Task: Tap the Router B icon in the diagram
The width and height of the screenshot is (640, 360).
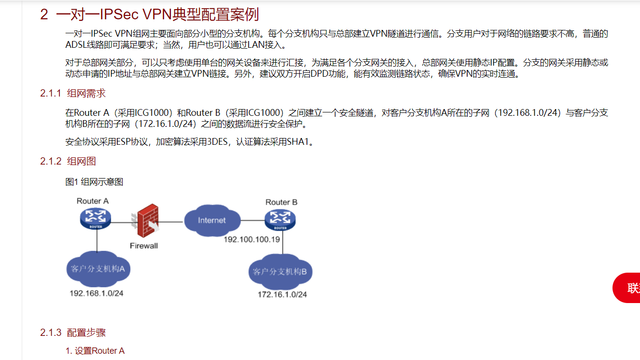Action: pyautogui.click(x=280, y=221)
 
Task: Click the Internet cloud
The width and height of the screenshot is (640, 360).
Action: pyautogui.click(x=212, y=221)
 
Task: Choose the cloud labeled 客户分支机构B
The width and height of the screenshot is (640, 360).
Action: pyautogui.click(x=280, y=272)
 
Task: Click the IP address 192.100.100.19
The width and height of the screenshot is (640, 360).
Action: pyautogui.click(x=251, y=239)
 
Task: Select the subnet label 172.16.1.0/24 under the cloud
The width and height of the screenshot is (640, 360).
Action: pyautogui.click(x=282, y=294)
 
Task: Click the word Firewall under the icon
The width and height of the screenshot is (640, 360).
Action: pyautogui.click(x=144, y=246)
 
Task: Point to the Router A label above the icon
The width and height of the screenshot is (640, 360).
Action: pyautogui.click(x=93, y=201)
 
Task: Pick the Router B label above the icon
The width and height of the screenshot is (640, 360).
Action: pyautogui.click(x=281, y=202)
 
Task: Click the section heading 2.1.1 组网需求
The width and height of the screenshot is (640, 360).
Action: pyautogui.click(x=73, y=93)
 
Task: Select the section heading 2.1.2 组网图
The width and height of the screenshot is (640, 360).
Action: pyautogui.click(x=65, y=161)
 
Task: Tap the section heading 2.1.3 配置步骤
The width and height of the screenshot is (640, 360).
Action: pyautogui.click(x=73, y=332)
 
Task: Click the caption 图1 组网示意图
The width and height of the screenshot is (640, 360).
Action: pyautogui.click(x=94, y=181)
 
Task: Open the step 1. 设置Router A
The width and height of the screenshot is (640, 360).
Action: pyautogui.click(x=95, y=351)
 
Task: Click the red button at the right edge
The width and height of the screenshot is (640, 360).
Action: pyautogui.click(x=627, y=288)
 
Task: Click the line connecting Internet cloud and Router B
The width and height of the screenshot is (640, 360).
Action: pyautogui.click(x=252, y=221)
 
